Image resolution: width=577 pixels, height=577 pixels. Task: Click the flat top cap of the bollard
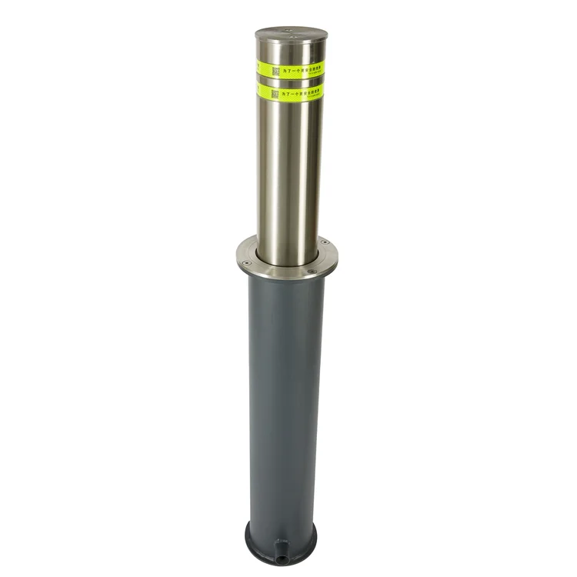(x=290, y=35)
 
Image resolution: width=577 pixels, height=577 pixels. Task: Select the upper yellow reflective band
(x=291, y=68)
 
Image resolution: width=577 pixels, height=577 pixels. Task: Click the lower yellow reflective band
(x=291, y=92)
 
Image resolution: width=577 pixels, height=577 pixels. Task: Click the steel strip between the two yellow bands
(x=291, y=80)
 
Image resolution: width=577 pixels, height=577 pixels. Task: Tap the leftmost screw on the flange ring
(x=245, y=262)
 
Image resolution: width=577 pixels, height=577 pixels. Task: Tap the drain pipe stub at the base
(x=282, y=549)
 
